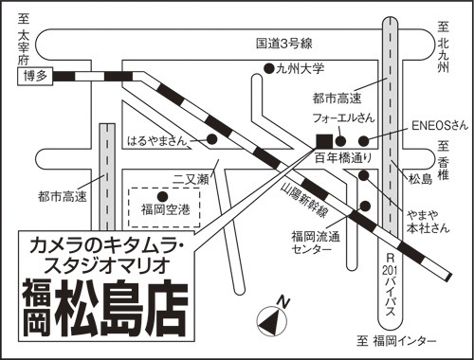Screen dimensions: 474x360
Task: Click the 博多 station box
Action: [35, 76]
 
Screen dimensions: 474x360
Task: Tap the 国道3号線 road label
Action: [283, 44]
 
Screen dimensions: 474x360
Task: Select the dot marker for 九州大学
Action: [269, 68]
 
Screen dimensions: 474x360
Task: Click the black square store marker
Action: [324, 141]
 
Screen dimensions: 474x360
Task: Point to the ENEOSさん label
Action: [439, 125]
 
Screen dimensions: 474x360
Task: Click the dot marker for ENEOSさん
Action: [364, 141]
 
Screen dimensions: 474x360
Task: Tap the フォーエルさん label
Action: [343, 117]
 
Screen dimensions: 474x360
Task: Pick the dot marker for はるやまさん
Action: [211, 139]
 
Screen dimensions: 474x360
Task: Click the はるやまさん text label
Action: [157, 141]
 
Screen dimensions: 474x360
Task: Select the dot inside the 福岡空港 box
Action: [162, 197]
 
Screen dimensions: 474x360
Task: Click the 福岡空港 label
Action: [166, 209]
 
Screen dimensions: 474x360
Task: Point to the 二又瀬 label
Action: [191, 180]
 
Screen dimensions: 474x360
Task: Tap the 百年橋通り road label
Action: [343, 158]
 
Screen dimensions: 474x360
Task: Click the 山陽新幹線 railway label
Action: [303, 200]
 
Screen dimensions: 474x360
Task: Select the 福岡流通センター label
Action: [316, 243]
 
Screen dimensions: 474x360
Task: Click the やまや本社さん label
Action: [428, 222]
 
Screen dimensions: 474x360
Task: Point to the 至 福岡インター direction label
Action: [396, 341]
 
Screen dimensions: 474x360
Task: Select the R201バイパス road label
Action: [391, 285]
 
